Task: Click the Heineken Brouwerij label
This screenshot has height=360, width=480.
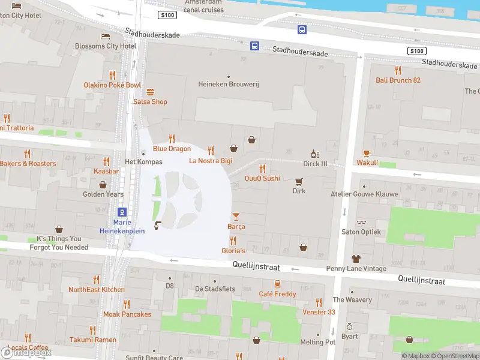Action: coord(228,85)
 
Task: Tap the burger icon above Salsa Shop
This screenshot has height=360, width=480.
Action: coord(150,92)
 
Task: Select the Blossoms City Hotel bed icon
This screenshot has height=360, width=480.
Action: coord(106,36)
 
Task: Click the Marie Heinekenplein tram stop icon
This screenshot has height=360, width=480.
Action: coord(122,212)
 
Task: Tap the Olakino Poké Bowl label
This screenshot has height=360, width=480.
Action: coord(112,85)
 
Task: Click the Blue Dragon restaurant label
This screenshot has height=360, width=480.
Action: coord(172,149)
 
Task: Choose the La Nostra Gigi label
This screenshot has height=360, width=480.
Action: coord(210,161)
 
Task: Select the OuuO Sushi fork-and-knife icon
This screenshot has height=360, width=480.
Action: coord(262,169)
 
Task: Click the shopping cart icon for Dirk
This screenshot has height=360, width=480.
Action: coord(299,181)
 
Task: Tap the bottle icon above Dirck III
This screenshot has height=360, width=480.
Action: coord(313,154)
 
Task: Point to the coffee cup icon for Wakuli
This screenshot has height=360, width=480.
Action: coord(367,153)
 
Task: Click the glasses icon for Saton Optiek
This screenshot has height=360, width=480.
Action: coord(361,222)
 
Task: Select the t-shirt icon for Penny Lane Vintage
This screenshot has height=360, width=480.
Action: coord(356,259)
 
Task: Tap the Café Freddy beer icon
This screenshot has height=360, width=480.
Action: coord(277,284)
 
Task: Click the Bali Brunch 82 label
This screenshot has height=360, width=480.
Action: coord(398,80)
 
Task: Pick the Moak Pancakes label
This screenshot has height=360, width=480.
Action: coord(127,314)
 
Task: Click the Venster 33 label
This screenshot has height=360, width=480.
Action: coord(319,312)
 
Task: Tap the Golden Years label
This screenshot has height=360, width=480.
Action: coord(103,194)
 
